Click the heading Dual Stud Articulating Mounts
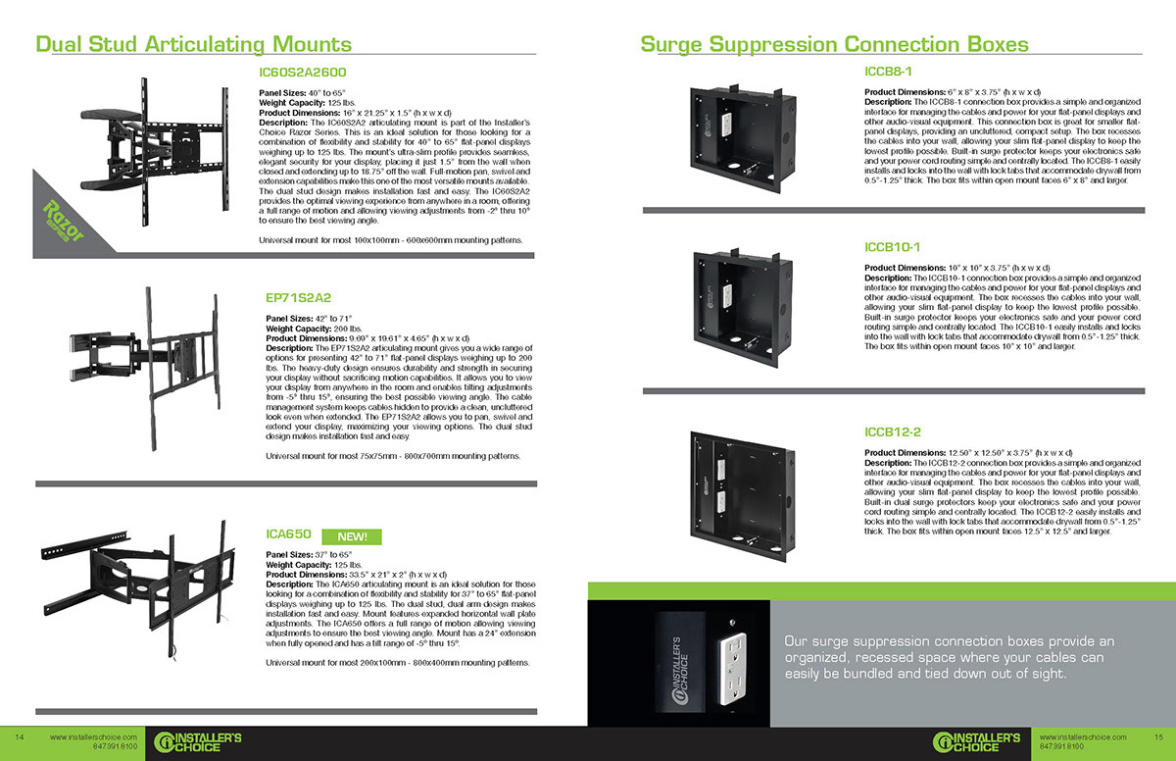tap(193, 44)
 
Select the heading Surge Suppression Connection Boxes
tap(834, 44)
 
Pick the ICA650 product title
tap(289, 534)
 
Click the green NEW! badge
tap(352, 536)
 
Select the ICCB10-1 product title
tap(894, 247)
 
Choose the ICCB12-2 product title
tap(894, 431)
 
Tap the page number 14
tap(19, 736)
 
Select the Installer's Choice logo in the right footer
tap(977, 740)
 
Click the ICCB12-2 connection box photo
tap(752, 497)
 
